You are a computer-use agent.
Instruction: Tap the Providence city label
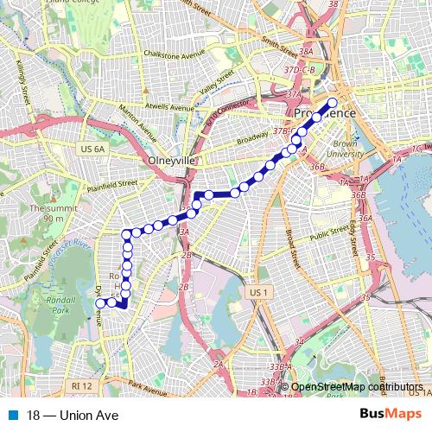[x=324, y=114]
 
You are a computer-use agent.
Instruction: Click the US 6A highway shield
[x=92, y=149]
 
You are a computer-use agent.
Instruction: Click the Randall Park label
[x=60, y=304]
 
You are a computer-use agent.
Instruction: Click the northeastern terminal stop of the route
[x=333, y=102]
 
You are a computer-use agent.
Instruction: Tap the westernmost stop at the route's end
[x=100, y=303]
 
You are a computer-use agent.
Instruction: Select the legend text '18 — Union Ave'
[x=72, y=415]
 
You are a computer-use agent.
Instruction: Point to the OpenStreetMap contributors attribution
[x=357, y=387]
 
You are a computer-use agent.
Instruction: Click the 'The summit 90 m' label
[x=47, y=213]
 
